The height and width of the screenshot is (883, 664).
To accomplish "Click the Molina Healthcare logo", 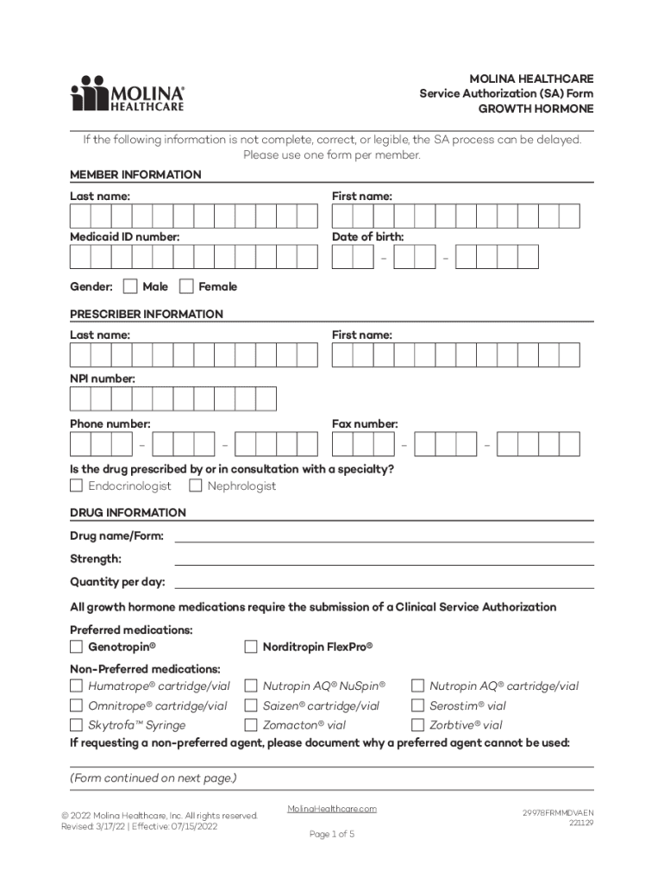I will (x=127, y=93).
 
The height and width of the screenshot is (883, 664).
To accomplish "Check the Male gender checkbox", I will (x=130, y=286).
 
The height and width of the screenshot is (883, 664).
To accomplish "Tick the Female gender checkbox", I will (x=186, y=286).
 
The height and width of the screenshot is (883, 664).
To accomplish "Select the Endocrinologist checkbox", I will (x=76, y=486).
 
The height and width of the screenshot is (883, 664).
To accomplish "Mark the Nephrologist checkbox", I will (x=196, y=486).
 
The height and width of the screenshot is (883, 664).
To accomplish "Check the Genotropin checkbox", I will (x=76, y=647).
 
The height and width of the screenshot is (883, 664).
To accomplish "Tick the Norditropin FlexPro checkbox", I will (x=251, y=647).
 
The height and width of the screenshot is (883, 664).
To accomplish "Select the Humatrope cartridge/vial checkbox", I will (x=76, y=686).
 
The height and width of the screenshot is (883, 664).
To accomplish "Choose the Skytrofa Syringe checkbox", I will (x=76, y=725).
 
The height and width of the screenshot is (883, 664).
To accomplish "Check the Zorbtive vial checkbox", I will (x=417, y=725).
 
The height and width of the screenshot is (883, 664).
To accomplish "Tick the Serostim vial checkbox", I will (x=417, y=705).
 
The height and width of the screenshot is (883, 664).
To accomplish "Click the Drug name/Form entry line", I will (x=384, y=536).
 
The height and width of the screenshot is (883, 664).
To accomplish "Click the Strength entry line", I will (x=384, y=559).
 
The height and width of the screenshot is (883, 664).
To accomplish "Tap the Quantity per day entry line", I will (x=384, y=582).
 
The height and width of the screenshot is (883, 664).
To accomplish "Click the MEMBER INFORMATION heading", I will (x=135, y=175).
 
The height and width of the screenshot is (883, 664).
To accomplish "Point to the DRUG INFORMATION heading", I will (x=128, y=513).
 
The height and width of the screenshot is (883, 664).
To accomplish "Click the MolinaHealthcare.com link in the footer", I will (x=332, y=809).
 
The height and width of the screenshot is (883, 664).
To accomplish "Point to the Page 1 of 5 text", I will (x=332, y=835).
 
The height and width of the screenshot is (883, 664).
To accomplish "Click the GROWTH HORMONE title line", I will (x=536, y=110).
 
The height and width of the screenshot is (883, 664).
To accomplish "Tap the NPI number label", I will (x=103, y=379).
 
